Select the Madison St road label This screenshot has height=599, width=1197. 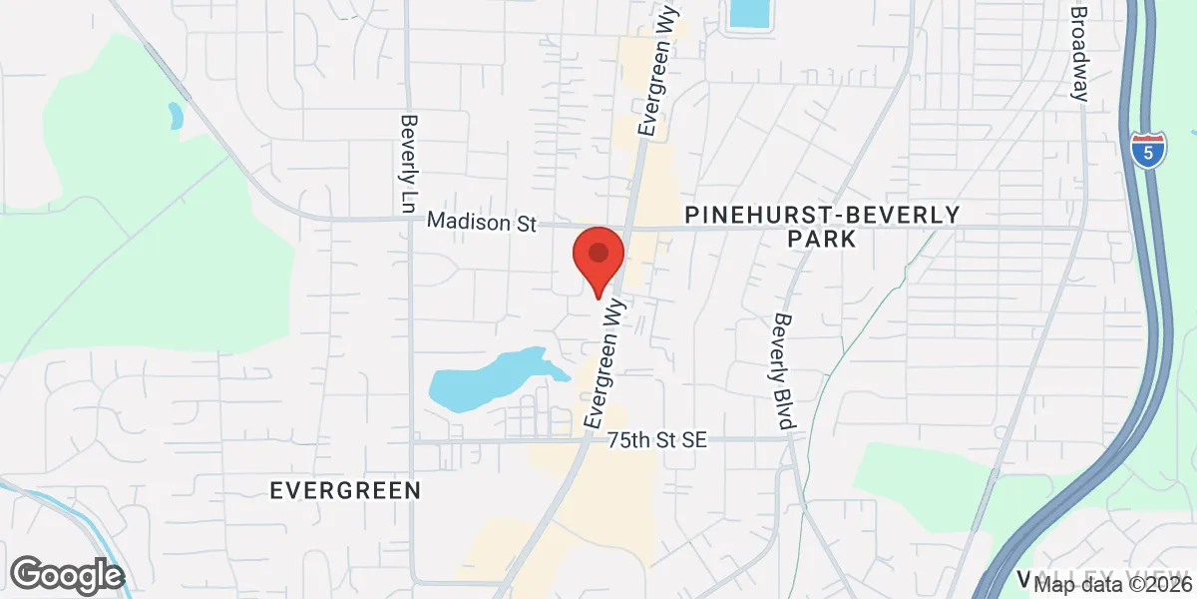(482, 222)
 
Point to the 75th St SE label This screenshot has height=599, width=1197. (657, 439)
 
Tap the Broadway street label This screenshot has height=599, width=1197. (1078, 54)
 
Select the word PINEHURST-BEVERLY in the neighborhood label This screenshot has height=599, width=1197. (822, 215)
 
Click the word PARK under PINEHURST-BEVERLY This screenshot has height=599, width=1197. (821, 240)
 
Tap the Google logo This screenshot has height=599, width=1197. (67, 575)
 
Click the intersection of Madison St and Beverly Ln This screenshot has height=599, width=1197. (409, 220)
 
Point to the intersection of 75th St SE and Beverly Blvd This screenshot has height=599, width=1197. (789, 438)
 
